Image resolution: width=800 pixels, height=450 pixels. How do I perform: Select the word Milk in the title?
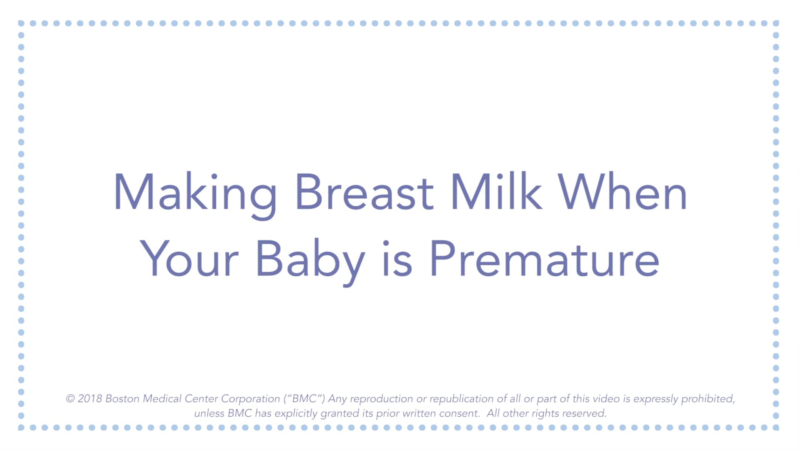point(496,192)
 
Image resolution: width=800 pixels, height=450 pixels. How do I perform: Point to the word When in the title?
point(622,192)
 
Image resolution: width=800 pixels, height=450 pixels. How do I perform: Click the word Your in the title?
point(189,259)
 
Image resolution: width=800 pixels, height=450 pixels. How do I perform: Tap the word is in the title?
point(397,259)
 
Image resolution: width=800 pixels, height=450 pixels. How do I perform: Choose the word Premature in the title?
point(544,259)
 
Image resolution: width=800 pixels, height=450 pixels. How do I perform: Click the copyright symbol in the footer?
point(70,399)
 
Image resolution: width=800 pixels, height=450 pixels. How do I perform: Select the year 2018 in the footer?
point(90,399)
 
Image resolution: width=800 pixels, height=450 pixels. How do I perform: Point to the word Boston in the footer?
point(122,399)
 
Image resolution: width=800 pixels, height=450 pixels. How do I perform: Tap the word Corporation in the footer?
point(250,399)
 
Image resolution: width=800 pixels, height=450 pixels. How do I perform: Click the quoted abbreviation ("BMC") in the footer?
point(304,399)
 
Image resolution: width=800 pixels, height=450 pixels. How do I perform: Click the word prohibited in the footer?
point(708,399)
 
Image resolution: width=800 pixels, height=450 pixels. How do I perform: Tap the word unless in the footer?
point(209,413)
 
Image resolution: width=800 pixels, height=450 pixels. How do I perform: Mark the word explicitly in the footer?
point(296,414)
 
